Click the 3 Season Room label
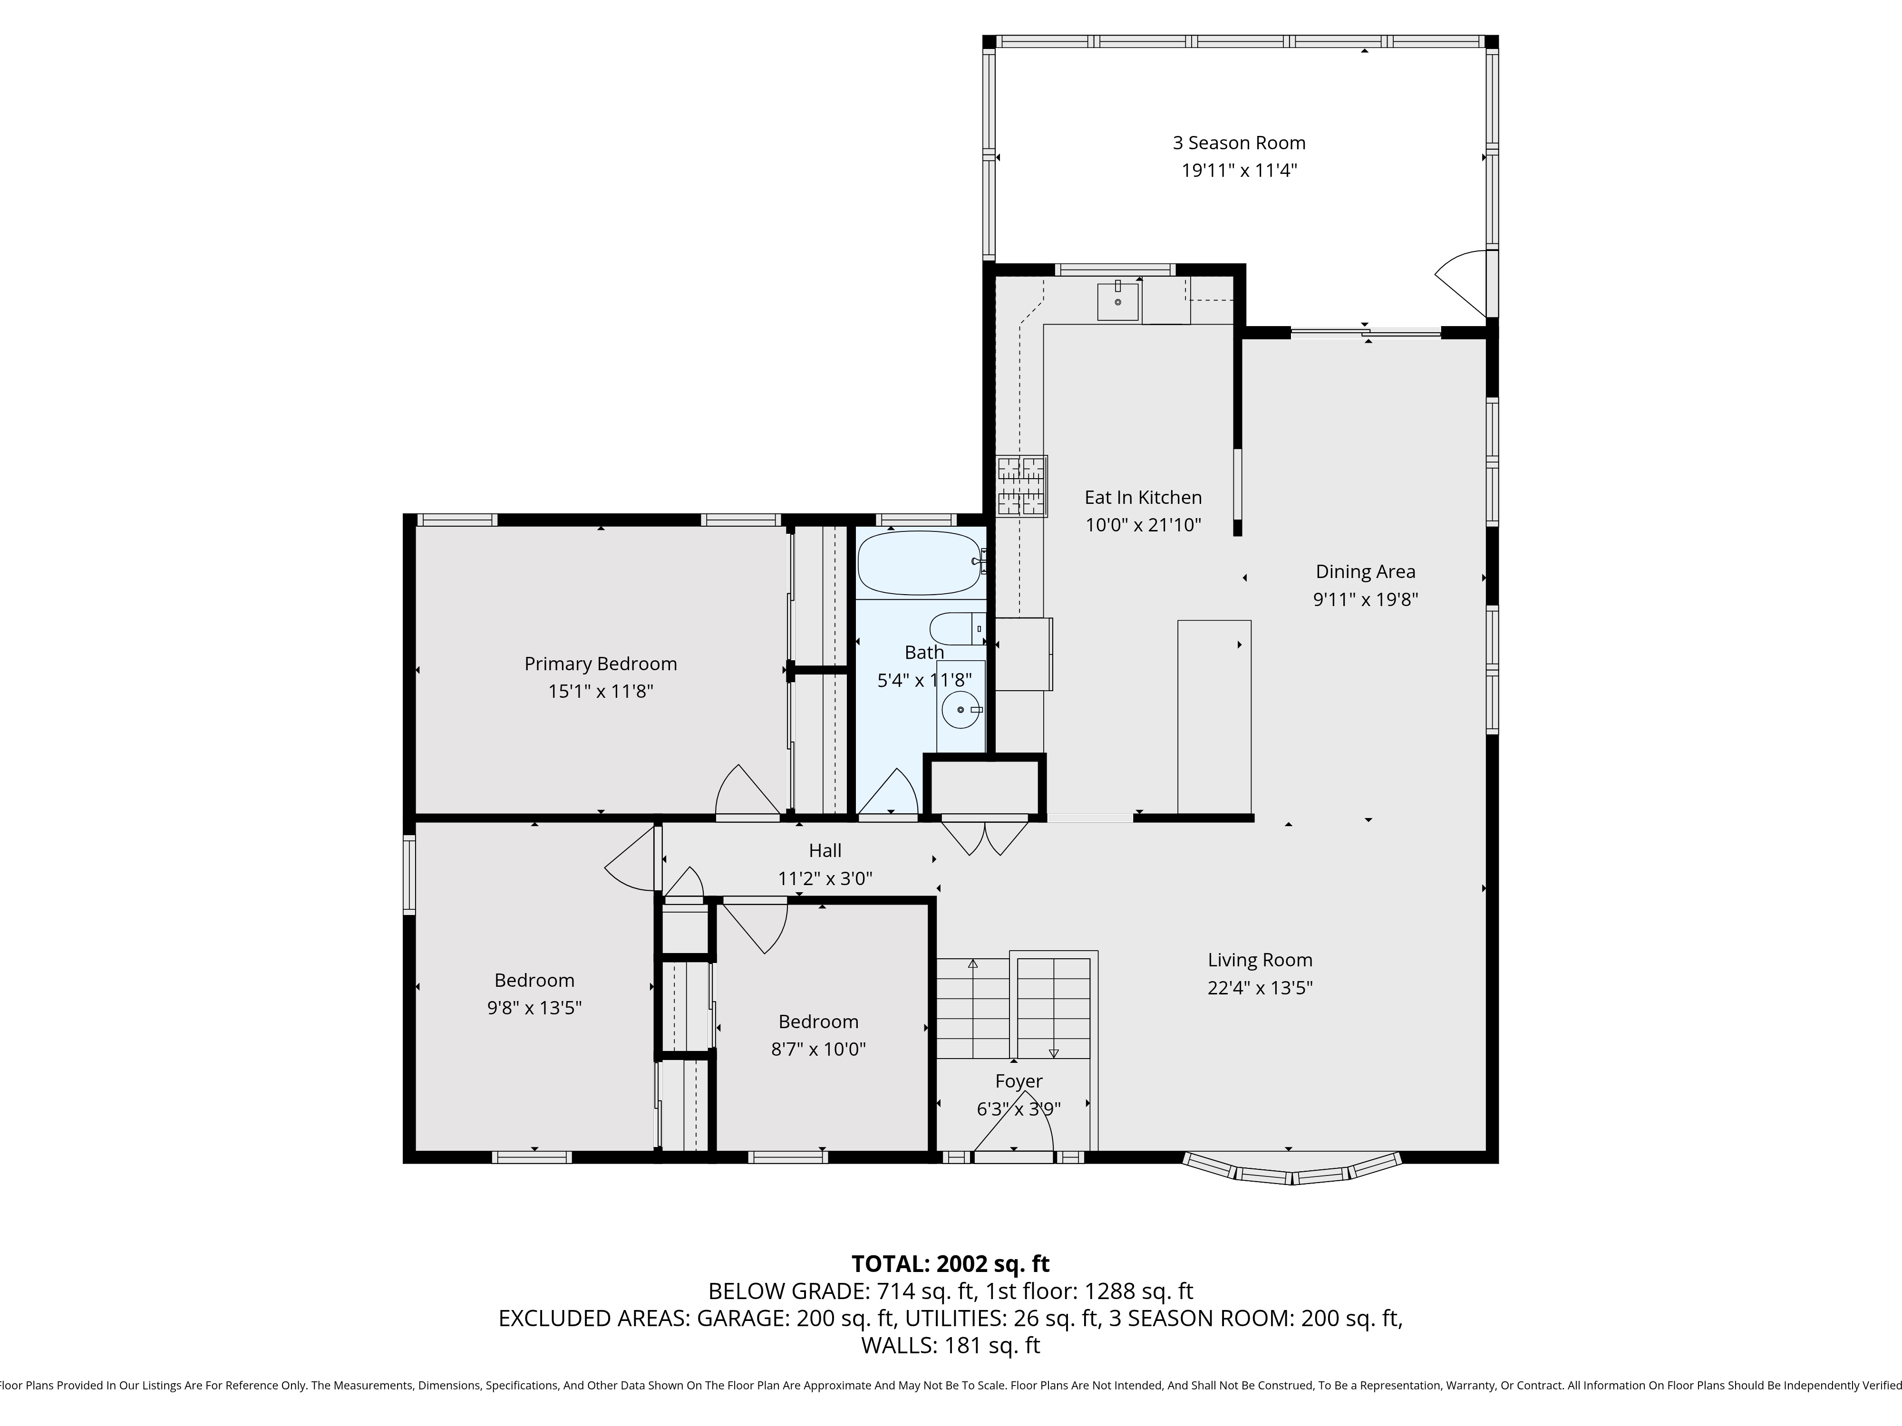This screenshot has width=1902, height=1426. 1238,143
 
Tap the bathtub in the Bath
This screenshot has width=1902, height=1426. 918,563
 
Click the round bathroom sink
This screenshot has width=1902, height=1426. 961,710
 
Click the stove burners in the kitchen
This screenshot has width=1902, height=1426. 1021,486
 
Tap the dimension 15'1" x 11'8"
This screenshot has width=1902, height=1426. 600,691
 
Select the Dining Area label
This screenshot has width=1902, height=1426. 1365,572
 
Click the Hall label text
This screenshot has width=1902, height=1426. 825,850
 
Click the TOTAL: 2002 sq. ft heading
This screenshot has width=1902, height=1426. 950,1263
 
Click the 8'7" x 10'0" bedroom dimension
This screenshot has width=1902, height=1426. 818,1049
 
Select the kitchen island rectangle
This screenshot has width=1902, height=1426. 1213,716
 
